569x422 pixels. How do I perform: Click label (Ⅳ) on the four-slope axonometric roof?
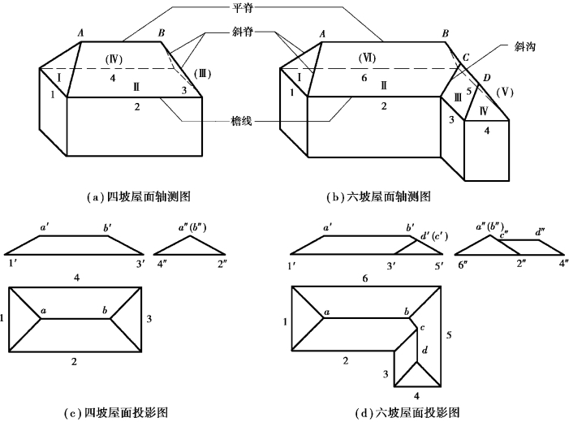coord(114,60)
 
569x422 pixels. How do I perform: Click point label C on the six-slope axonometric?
coord(465,58)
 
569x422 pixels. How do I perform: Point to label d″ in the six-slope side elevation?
coord(540,232)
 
